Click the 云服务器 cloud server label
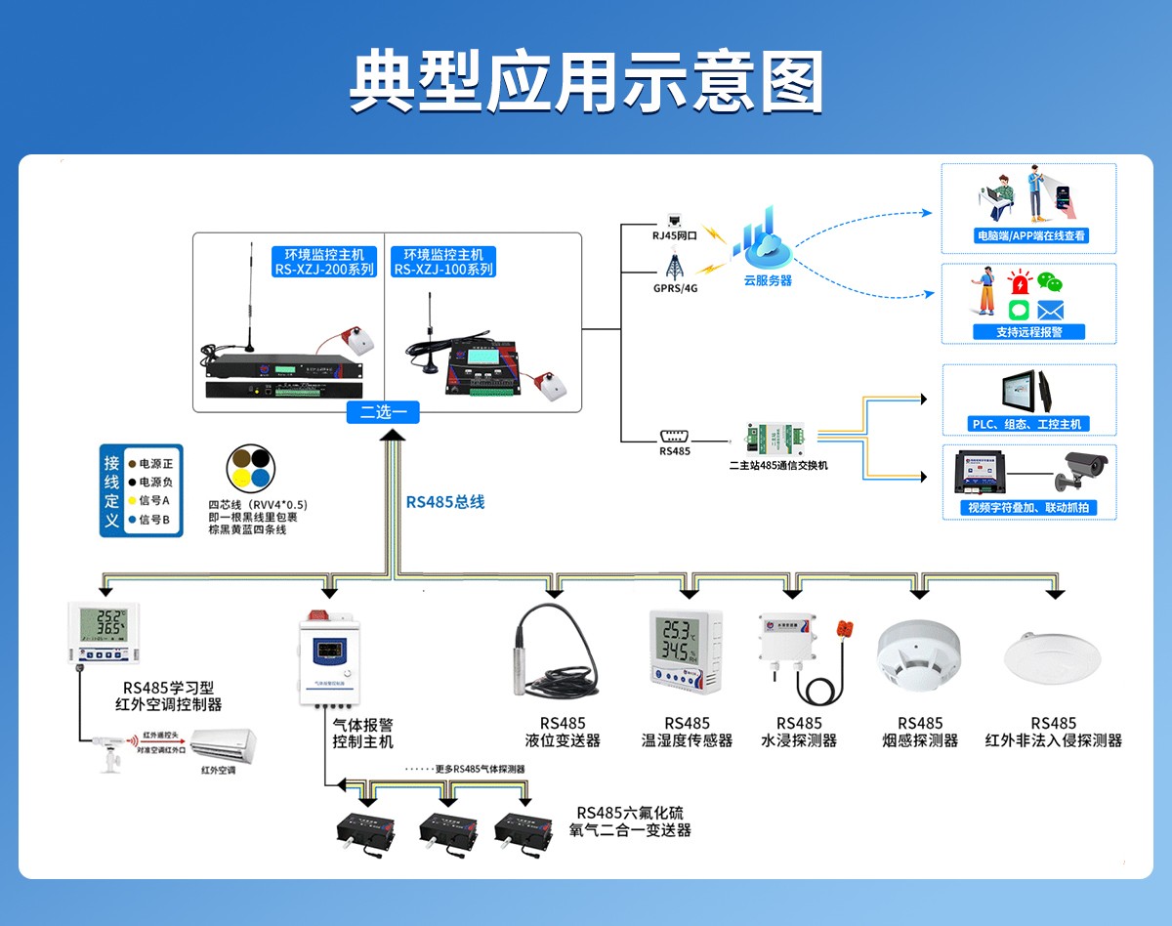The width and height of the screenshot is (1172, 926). (x=768, y=280)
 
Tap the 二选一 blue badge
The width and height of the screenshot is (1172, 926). (x=383, y=412)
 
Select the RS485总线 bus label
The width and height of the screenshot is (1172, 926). (x=445, y=502)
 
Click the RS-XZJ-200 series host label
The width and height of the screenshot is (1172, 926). (x=323, y=263)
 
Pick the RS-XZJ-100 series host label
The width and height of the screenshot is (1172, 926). (x=443, y=263)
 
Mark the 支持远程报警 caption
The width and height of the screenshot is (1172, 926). (x=1028, y=332)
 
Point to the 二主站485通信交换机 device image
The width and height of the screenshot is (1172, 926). (x=777, y=436)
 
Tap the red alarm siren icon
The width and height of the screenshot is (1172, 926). (x=1021, y=284)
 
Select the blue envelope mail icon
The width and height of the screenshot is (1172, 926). (x=1050, y=311)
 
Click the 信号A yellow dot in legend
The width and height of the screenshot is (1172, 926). (x=131, y=500)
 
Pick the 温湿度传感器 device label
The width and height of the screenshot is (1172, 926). (x=687, y=740)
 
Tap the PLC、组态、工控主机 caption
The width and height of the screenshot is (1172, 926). (x=1029, y=424)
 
